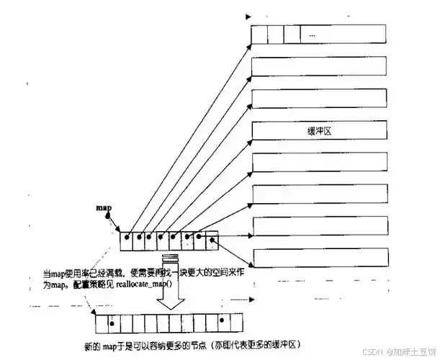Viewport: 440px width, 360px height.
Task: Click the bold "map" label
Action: click(x=104, y=209)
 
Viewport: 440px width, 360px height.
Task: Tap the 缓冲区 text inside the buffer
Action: click(x=317, y=131)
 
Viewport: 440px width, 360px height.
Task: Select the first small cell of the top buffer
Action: click(x=258, y=34)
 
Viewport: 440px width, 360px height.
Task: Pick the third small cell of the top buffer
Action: click(x=291, y=34)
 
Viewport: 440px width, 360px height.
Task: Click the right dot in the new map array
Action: click(x=223, y=320)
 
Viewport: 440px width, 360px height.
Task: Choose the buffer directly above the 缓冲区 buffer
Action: click(x=321, y=99)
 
